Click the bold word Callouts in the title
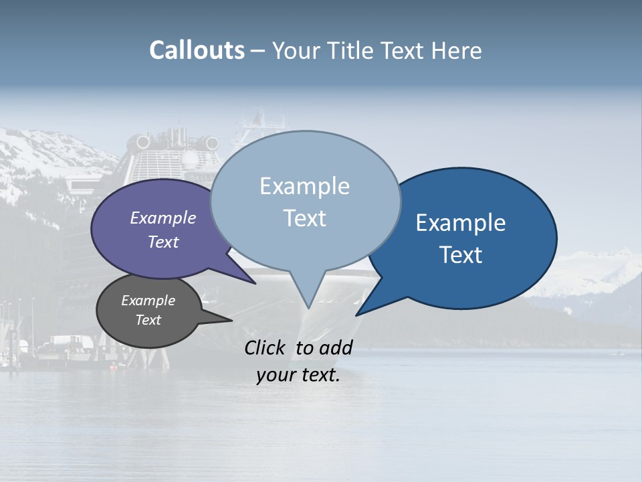point(197,51)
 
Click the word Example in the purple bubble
point(163,218)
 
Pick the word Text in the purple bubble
point(163,242)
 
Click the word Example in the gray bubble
point(148,301)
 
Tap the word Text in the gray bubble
point(148,320)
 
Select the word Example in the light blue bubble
point(304,186)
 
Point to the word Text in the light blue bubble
point(304,218)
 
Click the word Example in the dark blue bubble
point(461,223)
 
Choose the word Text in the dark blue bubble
point(461,255)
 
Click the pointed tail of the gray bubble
point(224,320)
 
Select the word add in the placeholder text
point(336,347)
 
